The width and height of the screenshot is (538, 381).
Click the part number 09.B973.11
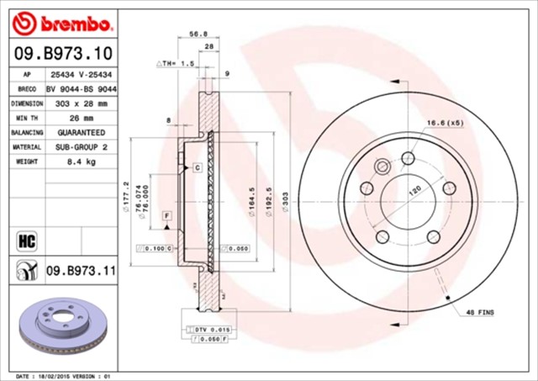coord(80,270)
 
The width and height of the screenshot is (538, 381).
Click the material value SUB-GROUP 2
coord(81,146)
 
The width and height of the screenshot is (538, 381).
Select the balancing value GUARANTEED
coord(81,132)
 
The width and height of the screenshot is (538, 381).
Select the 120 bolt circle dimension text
coord(414,191)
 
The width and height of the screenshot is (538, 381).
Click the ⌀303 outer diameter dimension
coord(287,202)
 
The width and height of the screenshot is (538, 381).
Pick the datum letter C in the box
coord(196,168)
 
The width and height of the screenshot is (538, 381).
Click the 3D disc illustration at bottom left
coord(60,328)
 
